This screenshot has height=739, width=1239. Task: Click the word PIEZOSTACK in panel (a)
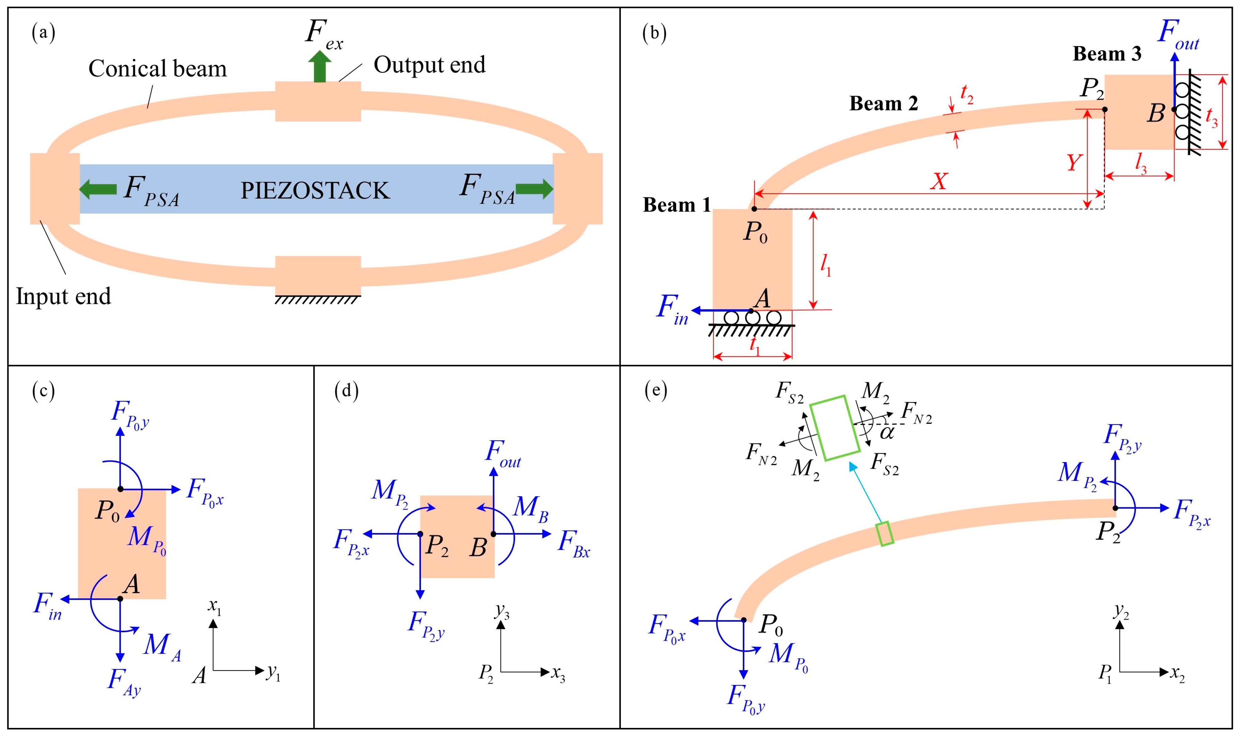(315, 191)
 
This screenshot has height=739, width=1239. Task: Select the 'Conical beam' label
(158, 69)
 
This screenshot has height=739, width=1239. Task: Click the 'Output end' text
(429, 65)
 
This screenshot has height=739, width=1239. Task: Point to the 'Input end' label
(63, 296)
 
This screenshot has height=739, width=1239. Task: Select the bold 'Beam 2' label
(883, 104)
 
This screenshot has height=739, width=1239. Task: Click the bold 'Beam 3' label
(1106, 54)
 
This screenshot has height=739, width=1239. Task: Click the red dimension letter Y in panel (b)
(1074, 162)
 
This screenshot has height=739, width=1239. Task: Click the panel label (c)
(43, 391)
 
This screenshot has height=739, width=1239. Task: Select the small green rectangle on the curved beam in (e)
(885, 533)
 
